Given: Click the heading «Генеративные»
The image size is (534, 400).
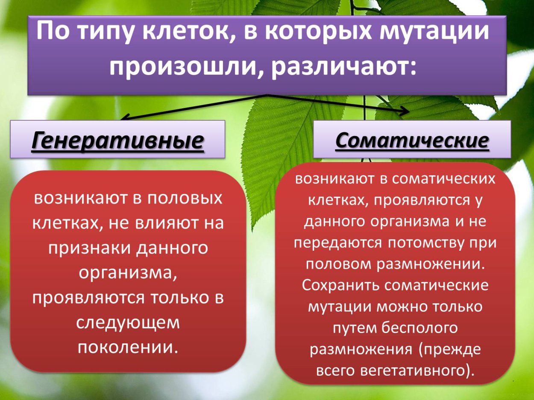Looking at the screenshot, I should pos(117,141).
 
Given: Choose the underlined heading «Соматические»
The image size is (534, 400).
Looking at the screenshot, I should pos(412,140).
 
